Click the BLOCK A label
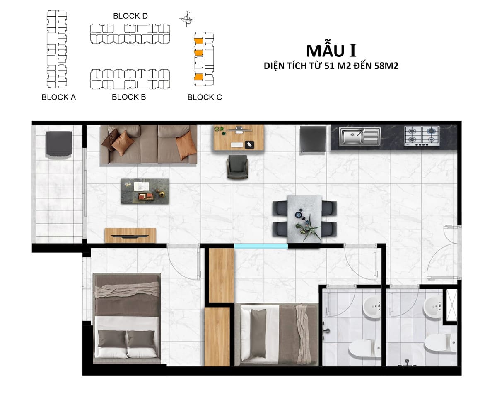pyautogui.click(x=59, y=97)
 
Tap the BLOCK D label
pyautogui.click(x=130, y=16)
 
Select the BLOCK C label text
pyautogui.click(x=205, y=97)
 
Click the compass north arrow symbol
pyautogui.click(x=187, y=19)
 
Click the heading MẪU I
pyautogui.click(x=331, y=51)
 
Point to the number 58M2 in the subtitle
pyautogui.click(x=386, y=66)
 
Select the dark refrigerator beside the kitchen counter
pyautogui.click(x=313, y=139)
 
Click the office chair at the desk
pyautogui.click(x=238, y=167)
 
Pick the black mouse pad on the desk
pyautogui.click(x=249, y=145)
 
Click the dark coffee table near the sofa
pyautogui.click(x=145, y=191)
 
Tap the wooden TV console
pyautogui.click(x=130, y=235)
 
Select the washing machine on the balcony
pyautogui.click(x=59, y=144)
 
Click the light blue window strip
pyautogui.click(x=261, y=246)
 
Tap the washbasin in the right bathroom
pyautogui.click(x=432, y=308)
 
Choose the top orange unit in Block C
pyautogui.click(x=198, y=41)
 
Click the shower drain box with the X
pyautogui.click(x=451, y=305)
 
